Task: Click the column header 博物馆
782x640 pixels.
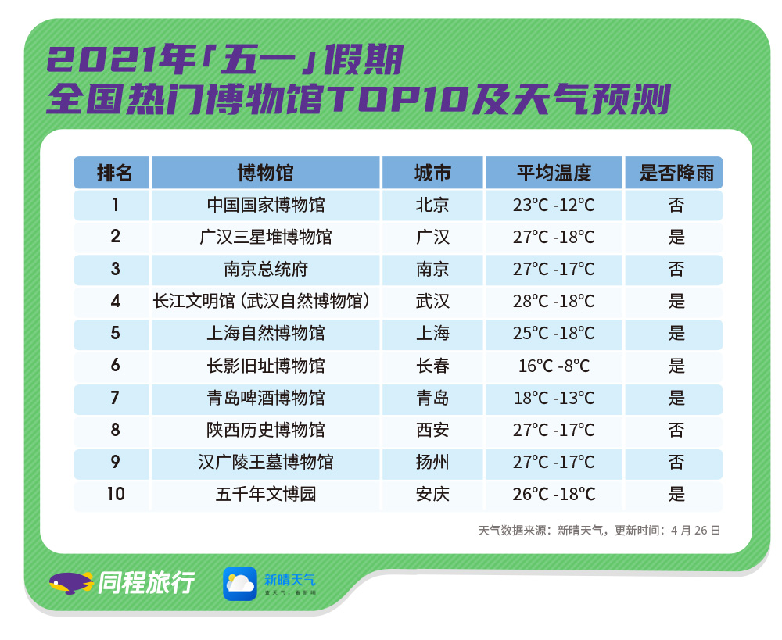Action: pyautogui.click(x=265, y=173)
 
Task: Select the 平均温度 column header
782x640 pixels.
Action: pyautogui.click(x=554, y=173)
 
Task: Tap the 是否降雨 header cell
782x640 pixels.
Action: pyautogui.click(x=676, y=173)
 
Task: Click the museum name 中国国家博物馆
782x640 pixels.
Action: pyautogui.click(x=266, y=205)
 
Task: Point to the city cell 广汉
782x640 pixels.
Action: pyautogui.click(x=432, y=237)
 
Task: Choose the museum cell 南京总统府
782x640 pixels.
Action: pyautogui.click(x=266, y=269)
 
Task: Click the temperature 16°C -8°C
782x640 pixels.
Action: pyautogui.click(x=554, y=366)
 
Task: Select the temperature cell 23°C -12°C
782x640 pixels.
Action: pyautogui.click(x=554, y=205)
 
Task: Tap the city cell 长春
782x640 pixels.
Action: pyautogui.click(x=432, y=366)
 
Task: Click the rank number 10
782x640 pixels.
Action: pyautogui.click(x=116, y=494)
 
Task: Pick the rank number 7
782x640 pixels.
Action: pyautogui.click(x=115, y=398)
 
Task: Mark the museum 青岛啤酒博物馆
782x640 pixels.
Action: pyautogui.click(x=266, y=398)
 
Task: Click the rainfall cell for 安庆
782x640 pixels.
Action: pyautogui.click(x=676, y=494)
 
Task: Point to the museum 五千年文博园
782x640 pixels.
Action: pyautogui.click(x=266, y=494)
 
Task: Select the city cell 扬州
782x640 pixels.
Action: pyautogui.click(x=432, y=462)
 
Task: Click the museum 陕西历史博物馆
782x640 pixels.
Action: pyautogui.click(x=266, y=430)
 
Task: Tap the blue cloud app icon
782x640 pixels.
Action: pyautogui.click(x=240, y=583)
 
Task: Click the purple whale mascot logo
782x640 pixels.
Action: pyautogui.click(x=71, y=583)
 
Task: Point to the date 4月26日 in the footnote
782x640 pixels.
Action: pyautogui.click(x=695, y=531)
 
